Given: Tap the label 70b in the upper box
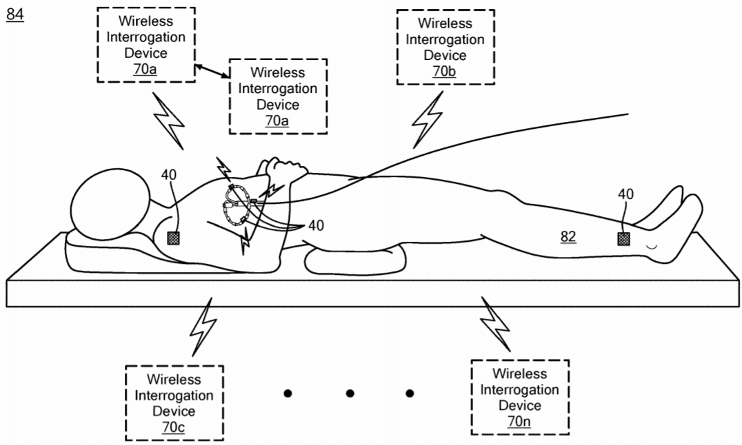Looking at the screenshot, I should pyautogui.click(x=445, y=72).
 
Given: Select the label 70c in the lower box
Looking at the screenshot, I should pyautogui.click(x=174, y=428).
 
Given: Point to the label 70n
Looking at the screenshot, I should pyautogui.click(x=519, y=422).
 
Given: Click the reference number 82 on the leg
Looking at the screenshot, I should pyautogui.click(x=568, y=237).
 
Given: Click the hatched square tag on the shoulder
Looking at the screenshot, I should pyautogui.click(x=174, y=238).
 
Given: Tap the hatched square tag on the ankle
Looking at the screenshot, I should pyautogui.click(x=623, y=238).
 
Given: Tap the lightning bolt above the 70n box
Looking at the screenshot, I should pyautogui.click(x=497, y=323).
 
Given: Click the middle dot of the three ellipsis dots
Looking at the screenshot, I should pyautogui.click(x=350, y=393).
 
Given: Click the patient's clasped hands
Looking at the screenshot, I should pyautogui.click(x=283, y=171).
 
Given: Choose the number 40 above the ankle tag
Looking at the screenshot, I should pyautogui.click(x=625, y=195).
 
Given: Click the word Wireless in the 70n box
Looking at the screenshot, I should pyautogui.click(x=519, y=373).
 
